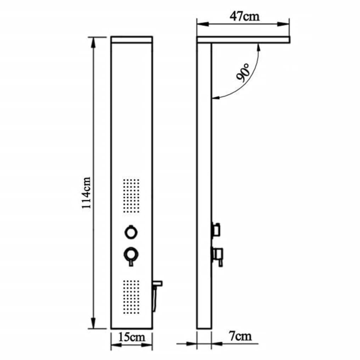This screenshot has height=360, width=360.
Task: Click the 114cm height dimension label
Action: [86, 192]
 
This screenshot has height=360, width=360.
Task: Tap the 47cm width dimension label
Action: [244, 16]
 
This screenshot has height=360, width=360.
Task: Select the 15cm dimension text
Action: [131, 337]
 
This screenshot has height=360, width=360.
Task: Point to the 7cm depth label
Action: [240, 336]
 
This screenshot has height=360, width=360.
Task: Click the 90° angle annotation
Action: [243, 73]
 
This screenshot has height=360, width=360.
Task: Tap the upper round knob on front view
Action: [131, 232]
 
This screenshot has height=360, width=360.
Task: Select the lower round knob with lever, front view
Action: [131, 256]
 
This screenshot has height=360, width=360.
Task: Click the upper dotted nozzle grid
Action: [131, 196]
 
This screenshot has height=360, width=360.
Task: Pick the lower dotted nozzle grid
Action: [131, 297]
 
